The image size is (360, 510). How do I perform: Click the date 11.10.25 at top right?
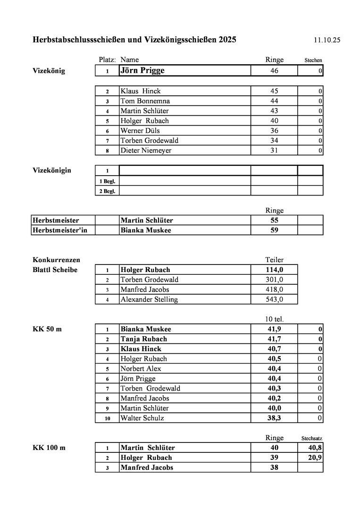(x=327, y=40)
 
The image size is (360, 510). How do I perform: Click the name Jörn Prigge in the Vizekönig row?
(x=142, y=71)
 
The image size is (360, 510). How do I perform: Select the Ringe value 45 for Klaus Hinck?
(x=274, y=91)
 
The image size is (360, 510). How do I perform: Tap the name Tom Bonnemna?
(x=145, y=101)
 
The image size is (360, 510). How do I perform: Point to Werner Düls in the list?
(x=140, y=131)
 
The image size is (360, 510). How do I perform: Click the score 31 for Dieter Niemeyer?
(x=274, y=151)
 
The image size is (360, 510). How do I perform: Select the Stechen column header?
(x=313, y=60)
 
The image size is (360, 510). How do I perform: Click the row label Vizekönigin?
(x=52, y=170)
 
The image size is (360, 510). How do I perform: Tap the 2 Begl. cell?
(x=107, y=191)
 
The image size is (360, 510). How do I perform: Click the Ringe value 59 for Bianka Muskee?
(x=274, y=230)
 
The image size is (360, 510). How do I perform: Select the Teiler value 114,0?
(x=274, y=270)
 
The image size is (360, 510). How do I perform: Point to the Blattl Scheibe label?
(x=55, y=270)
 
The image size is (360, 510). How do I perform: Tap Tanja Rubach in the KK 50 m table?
(x=143, y=339)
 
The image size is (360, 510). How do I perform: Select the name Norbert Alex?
(x=141, y=369)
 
